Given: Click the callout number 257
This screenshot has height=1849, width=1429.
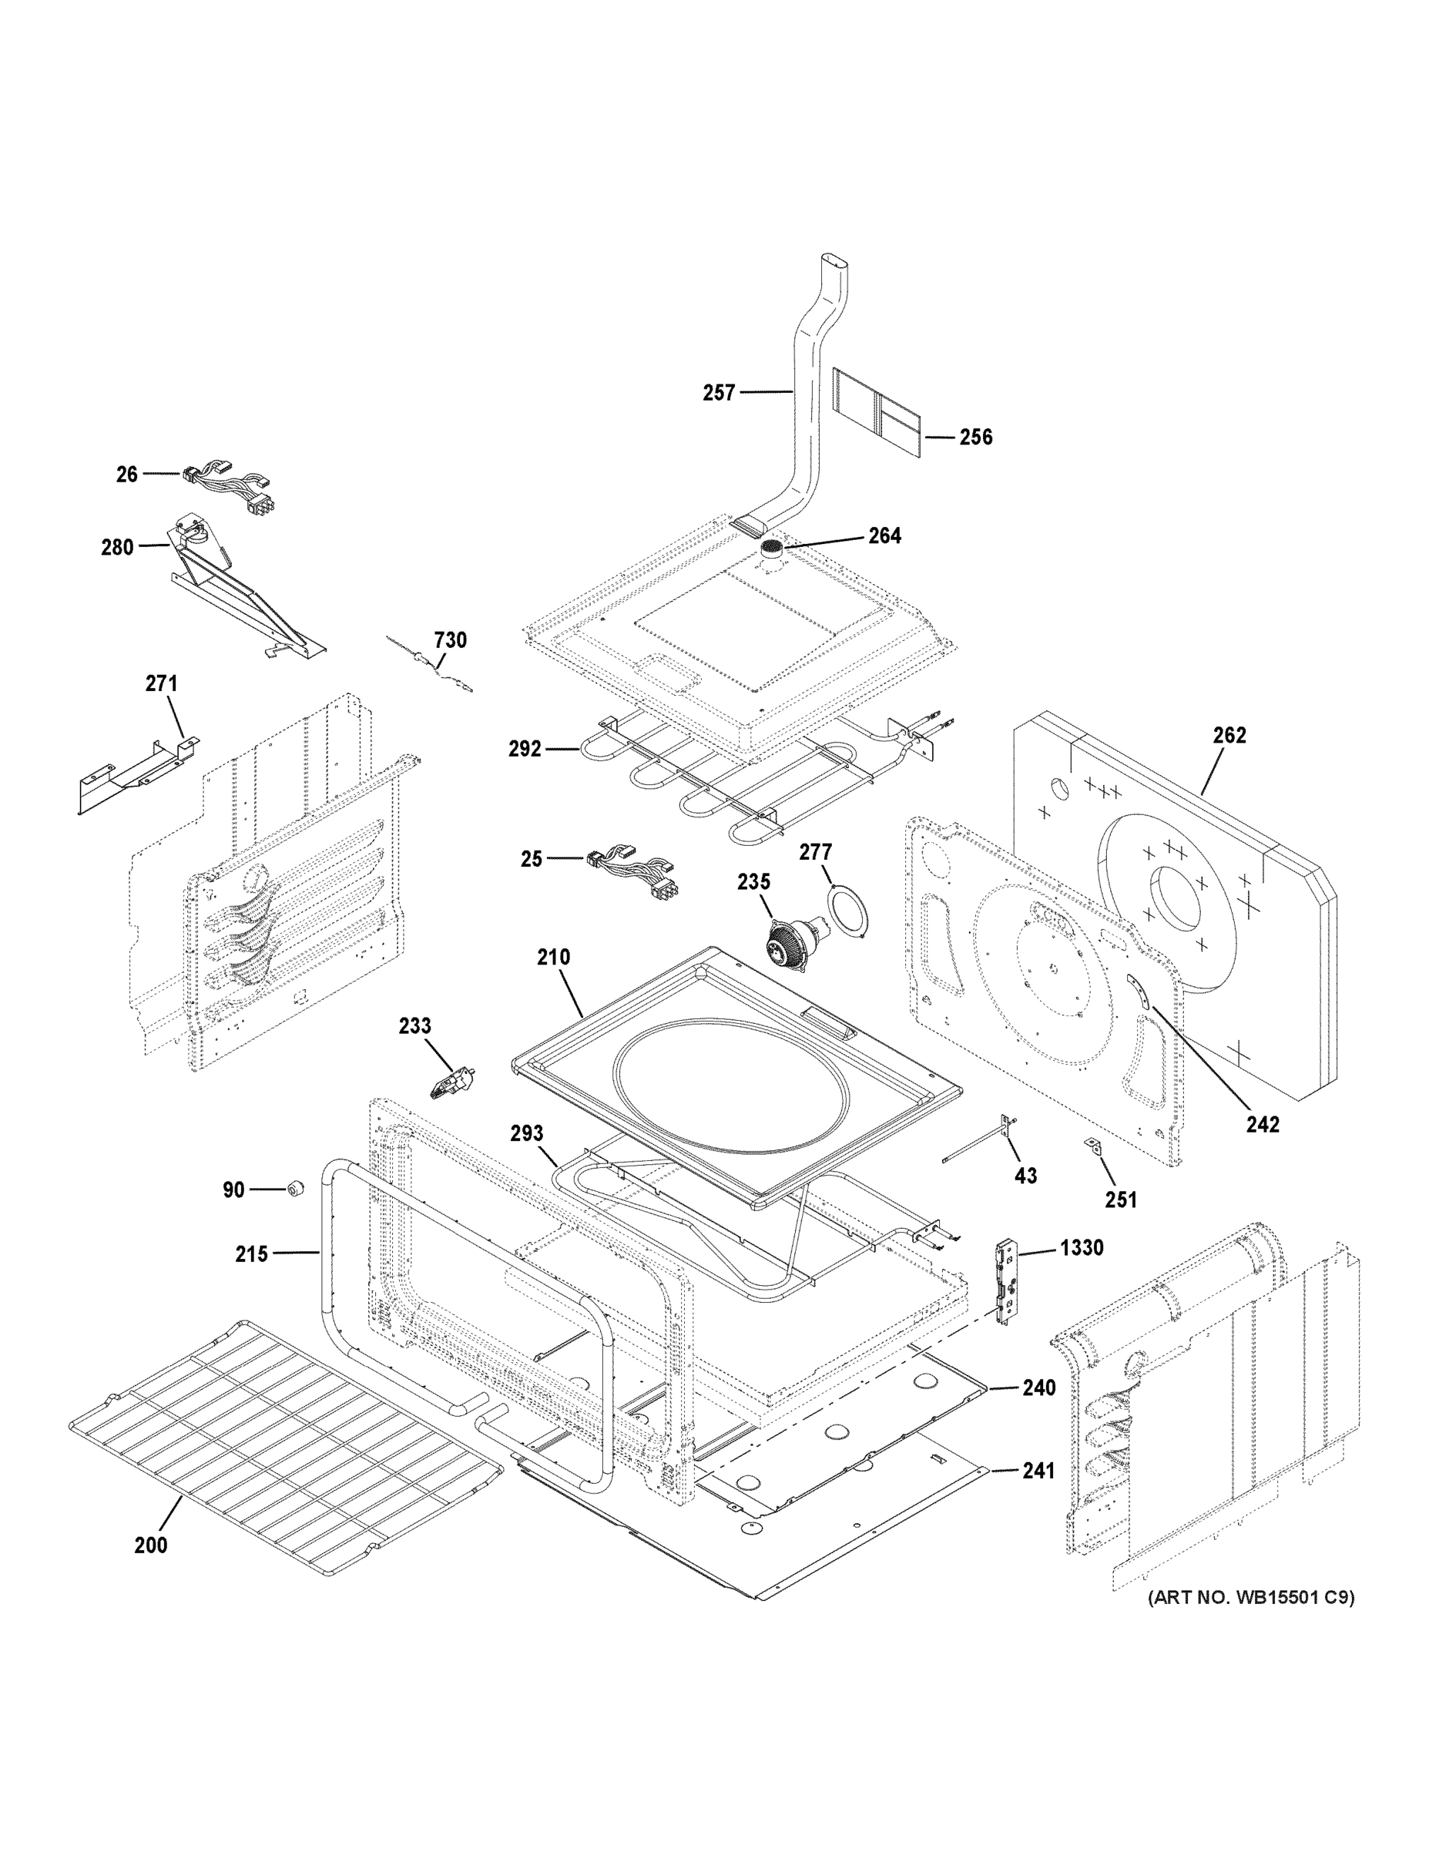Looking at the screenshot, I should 719,393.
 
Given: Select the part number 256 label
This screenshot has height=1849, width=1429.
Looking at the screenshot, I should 975,438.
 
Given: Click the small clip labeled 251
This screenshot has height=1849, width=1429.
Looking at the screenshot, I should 1093,1147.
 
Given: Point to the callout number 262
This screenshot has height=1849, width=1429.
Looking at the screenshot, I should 1229,735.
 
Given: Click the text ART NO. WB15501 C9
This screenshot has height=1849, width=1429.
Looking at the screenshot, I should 1250,1598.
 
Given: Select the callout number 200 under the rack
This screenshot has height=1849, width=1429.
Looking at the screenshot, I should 151,1545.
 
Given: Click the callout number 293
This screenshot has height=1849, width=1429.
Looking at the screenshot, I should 527,1133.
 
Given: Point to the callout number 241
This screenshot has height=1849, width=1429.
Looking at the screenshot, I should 1038,1471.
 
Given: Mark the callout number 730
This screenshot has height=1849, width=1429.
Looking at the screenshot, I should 450,640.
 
